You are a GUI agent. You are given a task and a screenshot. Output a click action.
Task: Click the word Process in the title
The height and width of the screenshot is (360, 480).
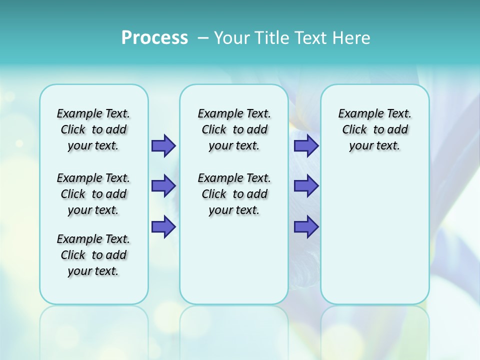click(x=154, y=38)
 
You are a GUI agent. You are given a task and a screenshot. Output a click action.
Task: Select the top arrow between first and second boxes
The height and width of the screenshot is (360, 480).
click(x=163, y=145)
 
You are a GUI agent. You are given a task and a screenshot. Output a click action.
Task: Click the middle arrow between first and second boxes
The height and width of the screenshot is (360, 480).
click(x=163, y=186)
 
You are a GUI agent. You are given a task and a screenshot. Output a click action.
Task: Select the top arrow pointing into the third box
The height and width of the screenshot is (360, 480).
click(x=306, y=145)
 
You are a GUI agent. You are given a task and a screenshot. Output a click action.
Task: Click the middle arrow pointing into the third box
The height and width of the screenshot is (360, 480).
click(x=306, y=186)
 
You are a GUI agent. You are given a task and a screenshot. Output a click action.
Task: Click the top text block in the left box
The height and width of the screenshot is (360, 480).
click(x=93, y=129)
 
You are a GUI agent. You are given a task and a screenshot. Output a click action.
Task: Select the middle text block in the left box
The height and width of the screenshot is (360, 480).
click(x=93, y=194)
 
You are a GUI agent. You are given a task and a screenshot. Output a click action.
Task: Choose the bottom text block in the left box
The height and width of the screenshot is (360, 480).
click(x=93, y=255)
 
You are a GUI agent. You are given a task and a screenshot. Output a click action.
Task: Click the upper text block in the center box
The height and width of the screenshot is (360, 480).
click(x=234, y=129)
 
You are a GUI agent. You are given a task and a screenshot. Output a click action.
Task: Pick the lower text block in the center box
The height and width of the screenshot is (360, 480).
click(x=234, y=194)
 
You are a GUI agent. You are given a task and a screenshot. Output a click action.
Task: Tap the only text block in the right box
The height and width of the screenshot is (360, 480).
click(x=374, y=129)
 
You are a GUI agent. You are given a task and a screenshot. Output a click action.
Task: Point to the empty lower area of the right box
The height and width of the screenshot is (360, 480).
click(x=374, y=235)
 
